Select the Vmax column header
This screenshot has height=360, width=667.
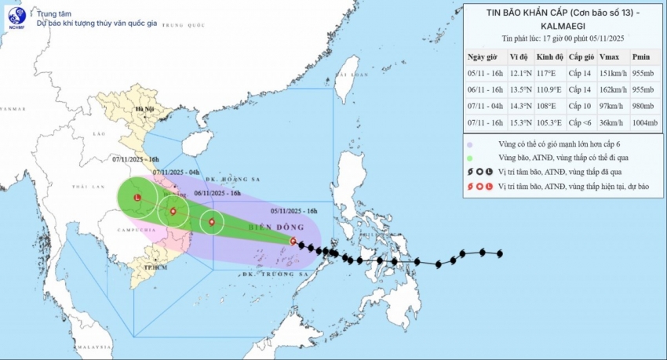coord(608,56)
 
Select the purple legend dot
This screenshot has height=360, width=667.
coord(469,144)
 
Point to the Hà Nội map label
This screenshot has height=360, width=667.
coord(144,109)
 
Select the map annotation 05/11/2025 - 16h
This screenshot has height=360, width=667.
coord(294,210)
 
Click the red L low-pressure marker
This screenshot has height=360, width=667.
coord(137,198)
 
